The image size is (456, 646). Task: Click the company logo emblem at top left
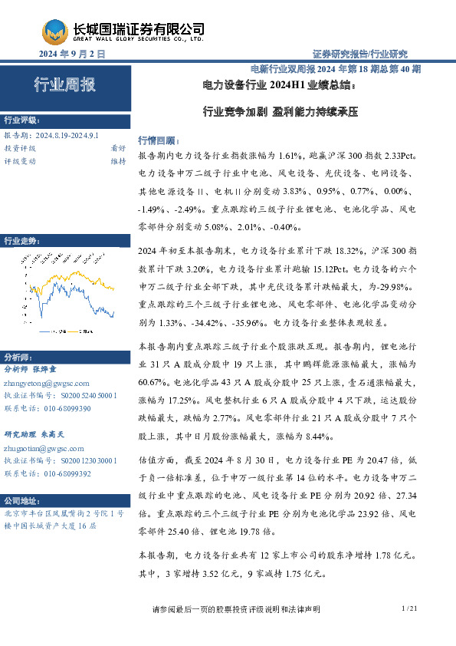pos(53,31)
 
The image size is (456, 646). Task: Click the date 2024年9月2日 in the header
pos(71,54)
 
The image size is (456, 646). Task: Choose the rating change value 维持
pos(118,161)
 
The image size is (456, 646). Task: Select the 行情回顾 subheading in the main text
pos(156,140)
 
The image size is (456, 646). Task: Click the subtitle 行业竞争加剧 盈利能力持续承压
pos(280,110)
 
